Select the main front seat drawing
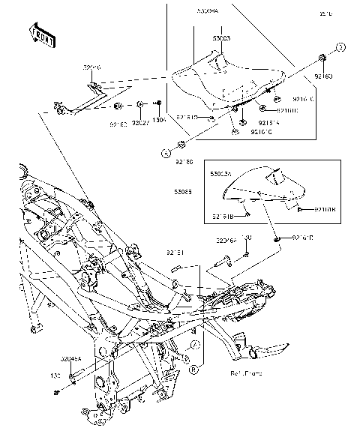coord(225,79)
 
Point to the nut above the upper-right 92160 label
coord(322,58)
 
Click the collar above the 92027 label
coord(140,104)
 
